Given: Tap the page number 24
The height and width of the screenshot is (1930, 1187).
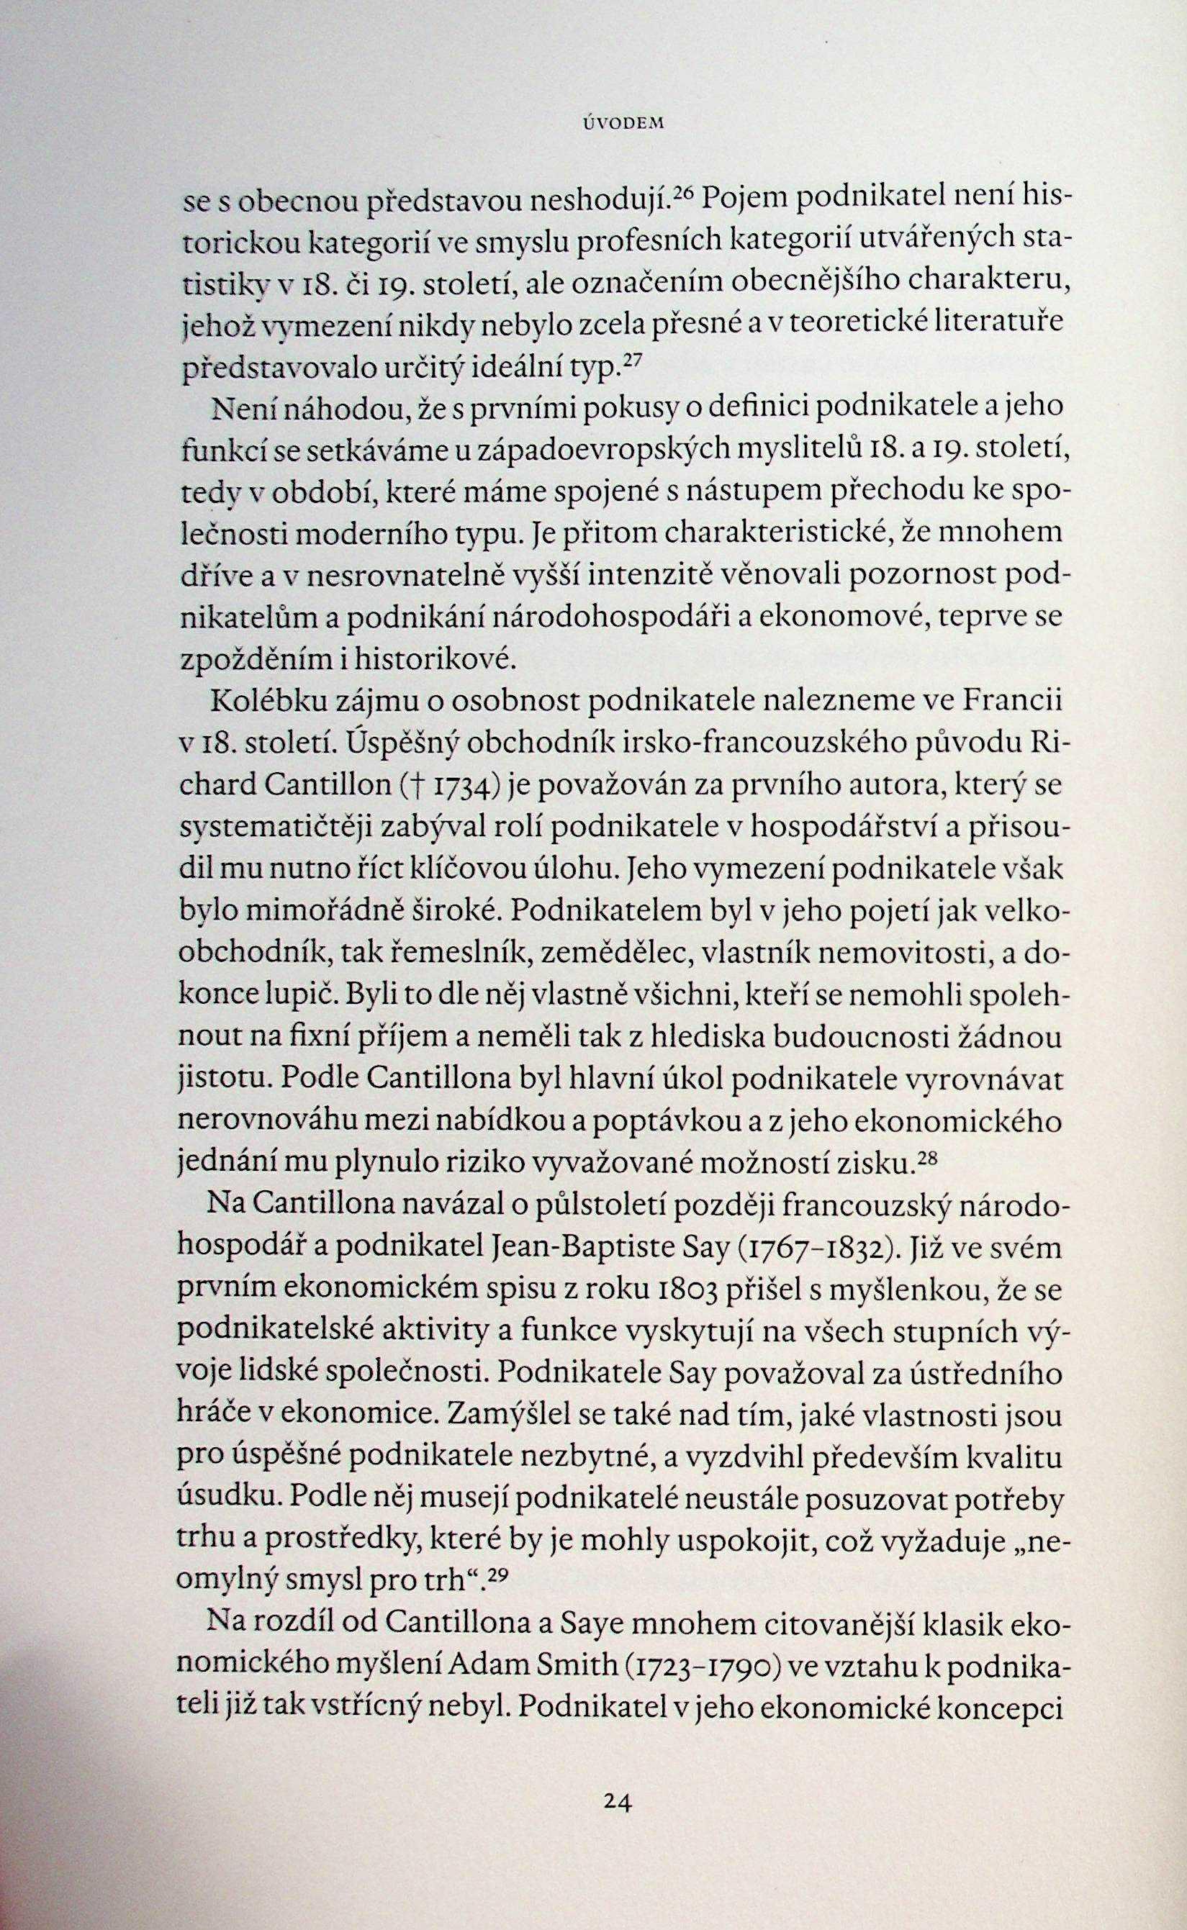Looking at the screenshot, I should (618, 1777).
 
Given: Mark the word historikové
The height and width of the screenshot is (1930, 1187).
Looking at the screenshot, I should (440, 657).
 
